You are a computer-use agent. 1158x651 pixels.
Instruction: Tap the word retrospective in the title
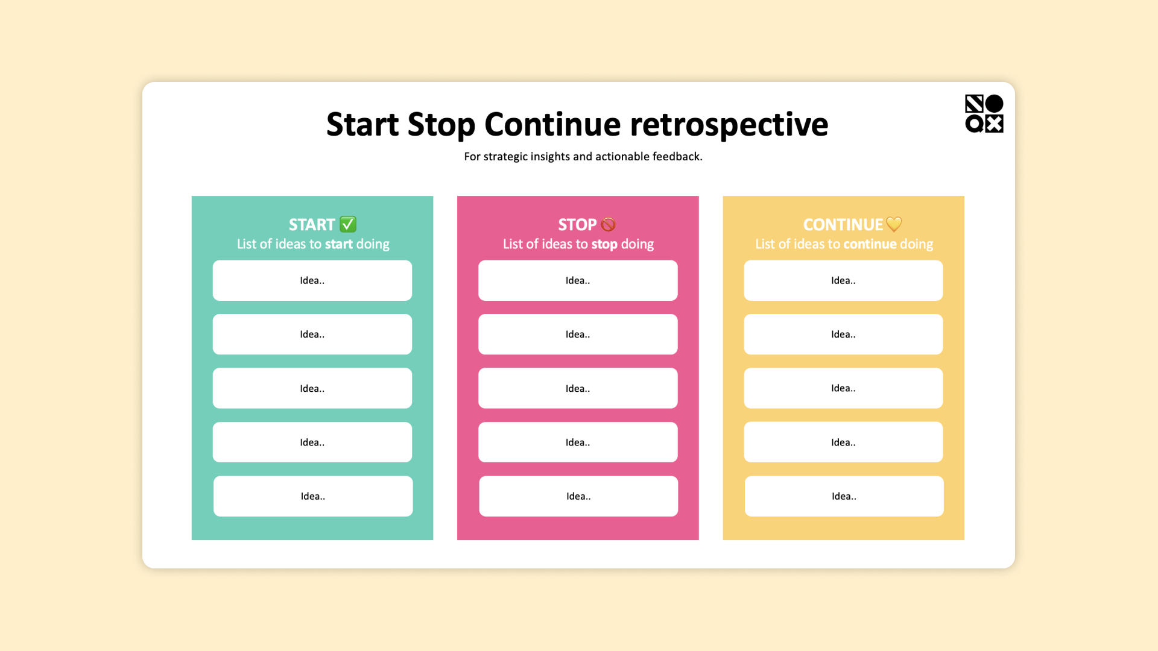click(x=729, y=125)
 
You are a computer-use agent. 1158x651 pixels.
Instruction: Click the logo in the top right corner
click(x=984, y=113)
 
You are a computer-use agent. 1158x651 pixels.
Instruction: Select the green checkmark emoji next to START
click(x=348, y=224)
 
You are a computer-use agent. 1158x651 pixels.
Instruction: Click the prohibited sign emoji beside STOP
click(x=608, y=225)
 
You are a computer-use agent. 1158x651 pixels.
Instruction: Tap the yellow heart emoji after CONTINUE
click(x=894, y=224)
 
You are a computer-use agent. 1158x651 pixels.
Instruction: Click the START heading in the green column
click(x=311, y=225)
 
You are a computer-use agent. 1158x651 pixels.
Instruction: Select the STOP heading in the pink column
click(x=577, y=225)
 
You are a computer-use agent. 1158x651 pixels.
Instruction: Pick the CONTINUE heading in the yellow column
click(x=843, y=225)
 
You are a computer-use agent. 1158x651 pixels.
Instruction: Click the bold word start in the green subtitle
click(x=338, y=244)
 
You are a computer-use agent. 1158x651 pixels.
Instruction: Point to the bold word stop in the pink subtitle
click(x=604, y=244)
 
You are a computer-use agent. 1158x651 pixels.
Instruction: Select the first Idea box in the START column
click(x=312, y=280)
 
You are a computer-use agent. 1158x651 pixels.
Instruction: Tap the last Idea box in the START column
click(x=313, y=496)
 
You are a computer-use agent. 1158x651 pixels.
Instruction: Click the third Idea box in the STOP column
click(x=578, y=388)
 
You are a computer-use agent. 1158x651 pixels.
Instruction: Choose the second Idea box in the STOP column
click(x=578, y=334)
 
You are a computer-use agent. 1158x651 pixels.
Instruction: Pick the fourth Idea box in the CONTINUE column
click(x=843, y=442)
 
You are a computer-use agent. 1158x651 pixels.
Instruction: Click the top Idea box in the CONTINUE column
click(x=843, y=280)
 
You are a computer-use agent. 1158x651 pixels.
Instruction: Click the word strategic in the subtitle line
click(x=505, y=157)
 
